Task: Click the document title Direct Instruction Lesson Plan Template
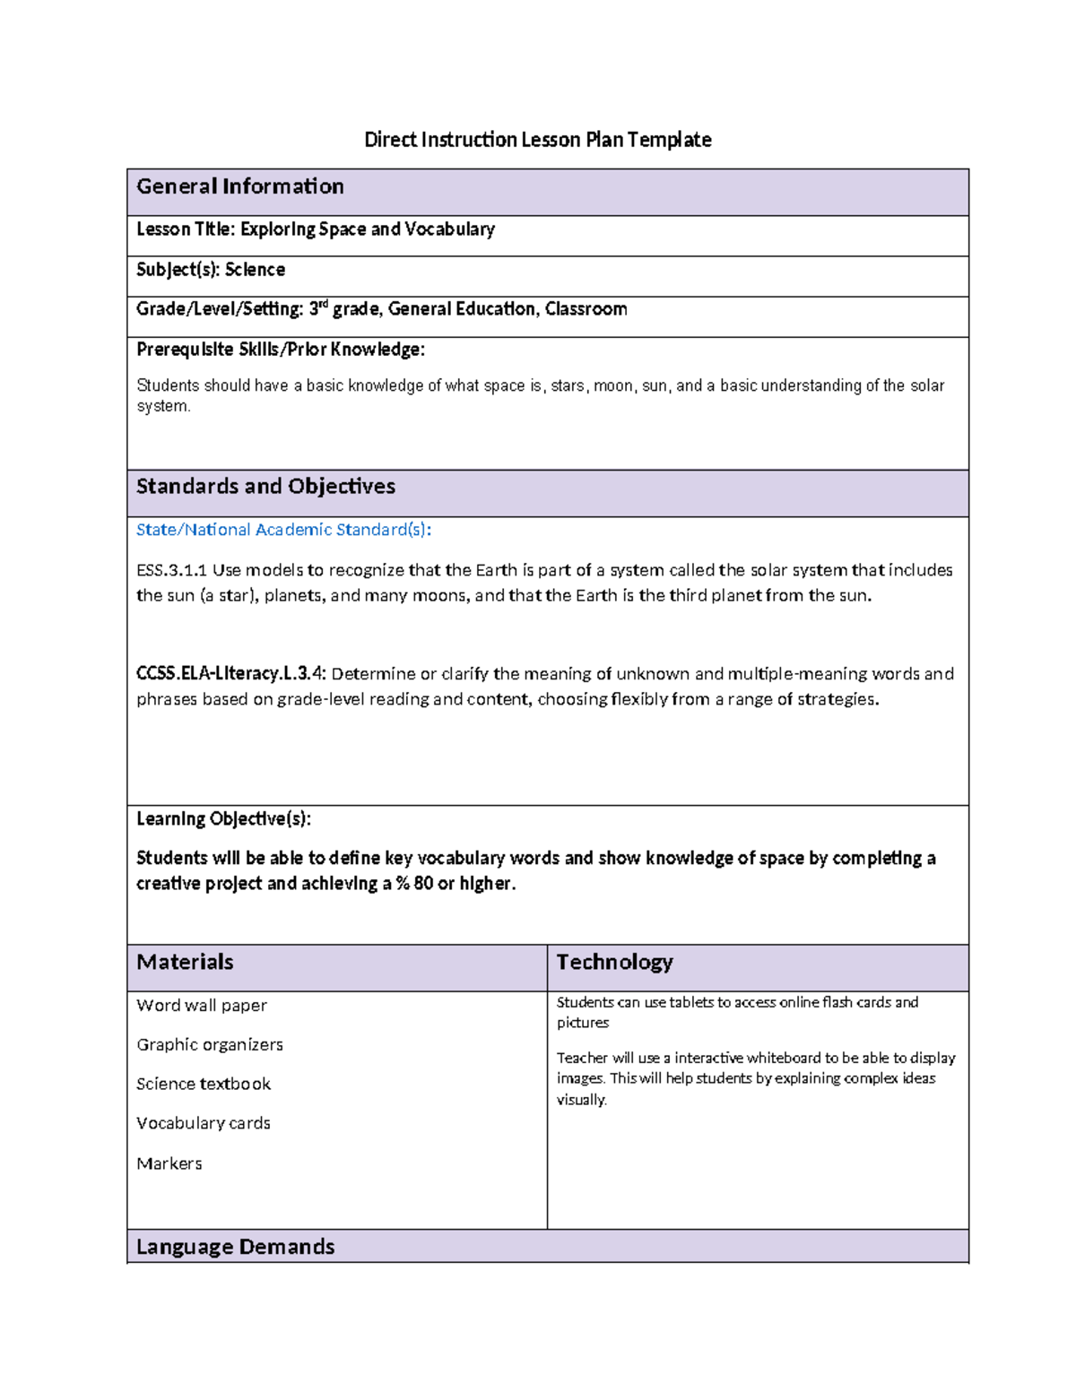pyautogui.click(x=537, y=140)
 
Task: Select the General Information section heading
pyautogui.click(x=239, y=186)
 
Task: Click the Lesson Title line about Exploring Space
pyautogui.click(x=315, y=229)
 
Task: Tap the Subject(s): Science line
pyautogui.click(x=210, y=270)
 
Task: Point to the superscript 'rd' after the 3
pyautogui.click(x=324, y=305)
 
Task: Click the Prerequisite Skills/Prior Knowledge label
pyautogui.click(x=280, y=350)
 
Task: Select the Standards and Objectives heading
pyautogui.click(x=265, y=487)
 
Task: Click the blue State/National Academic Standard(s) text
pyautogui.click(x=283, y=530)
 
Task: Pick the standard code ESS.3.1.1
pyautogui.click(x=171, y=570)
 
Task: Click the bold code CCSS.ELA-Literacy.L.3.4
pyautogui.click(x=231, y=674)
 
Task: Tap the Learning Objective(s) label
pyautogui.click(x=223, y=819)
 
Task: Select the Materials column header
pyautogui.click(x=185, y=963)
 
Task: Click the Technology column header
pyautogui.click(x=614, y=963)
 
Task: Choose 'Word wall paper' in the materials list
pyautogui.click(x=202, y=1006)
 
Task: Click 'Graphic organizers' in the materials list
pyautogui.click(x=210, y=1045)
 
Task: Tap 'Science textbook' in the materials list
pyautogui.click(x=204, y=1085)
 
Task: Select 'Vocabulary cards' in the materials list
pyautogui.click(x=204, y=1124)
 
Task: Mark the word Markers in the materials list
pyautogui.click(x=169, y=1164)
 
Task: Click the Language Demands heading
pyautogui.click(x=235, y=1247)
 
